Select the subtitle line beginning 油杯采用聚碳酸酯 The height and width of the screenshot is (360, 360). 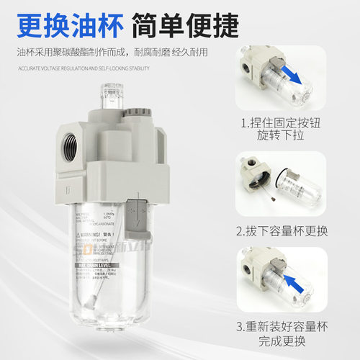click(x=116, y=53)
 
